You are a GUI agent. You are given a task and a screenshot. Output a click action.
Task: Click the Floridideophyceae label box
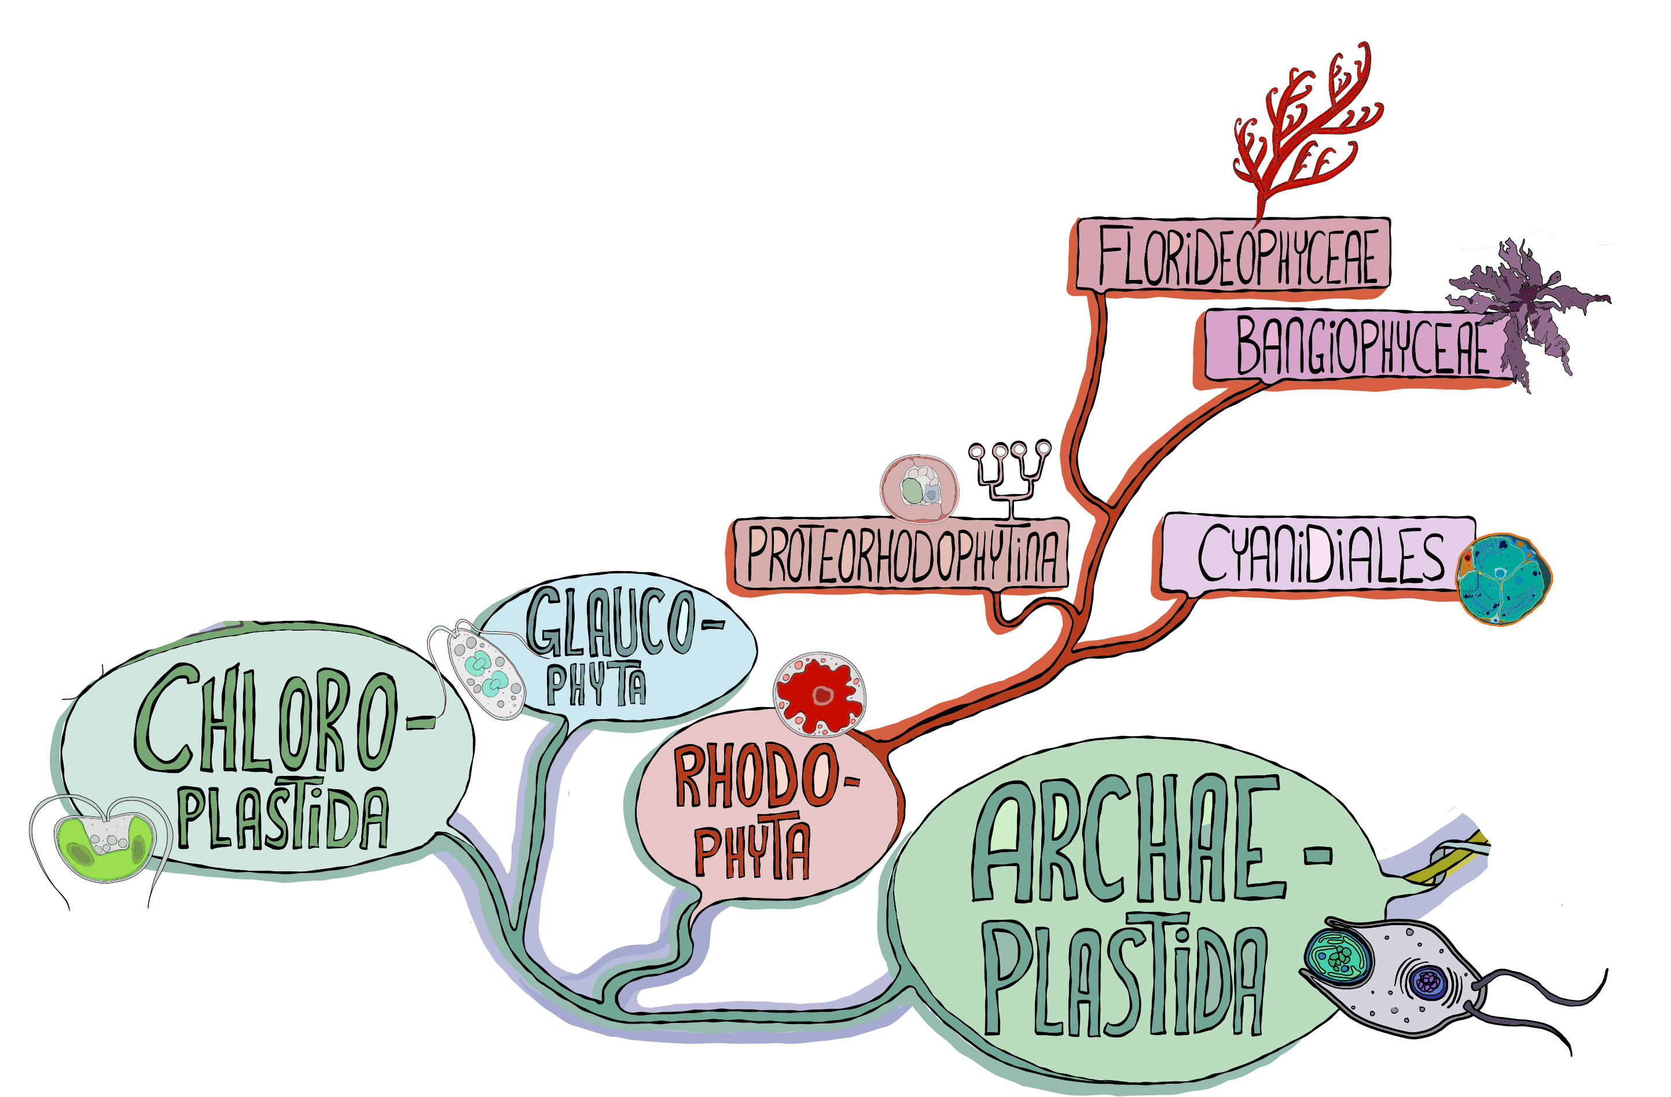pyautogui.click(x=1232, y=254)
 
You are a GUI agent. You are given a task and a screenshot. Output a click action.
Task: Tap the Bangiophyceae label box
pyautogui.click(x=1358, y=346)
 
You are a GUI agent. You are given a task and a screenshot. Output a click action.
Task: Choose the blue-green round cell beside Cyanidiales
pyautogui.click(x=1503, y=579)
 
